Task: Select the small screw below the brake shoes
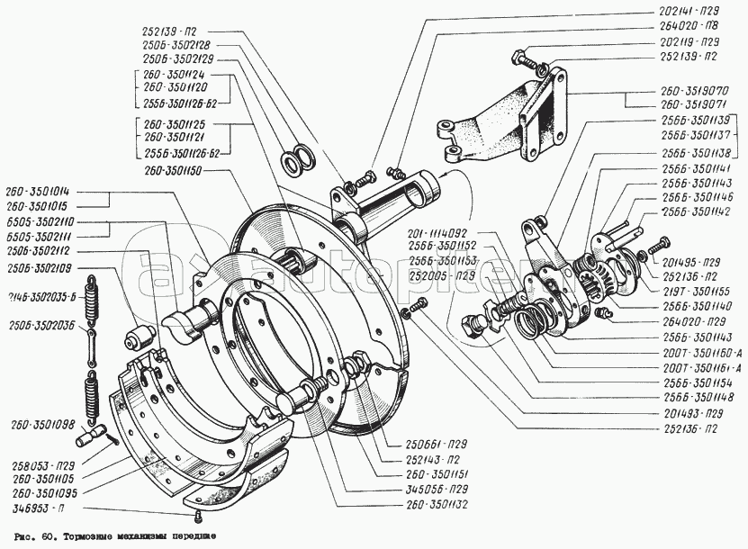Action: click(x=196, y=515)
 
